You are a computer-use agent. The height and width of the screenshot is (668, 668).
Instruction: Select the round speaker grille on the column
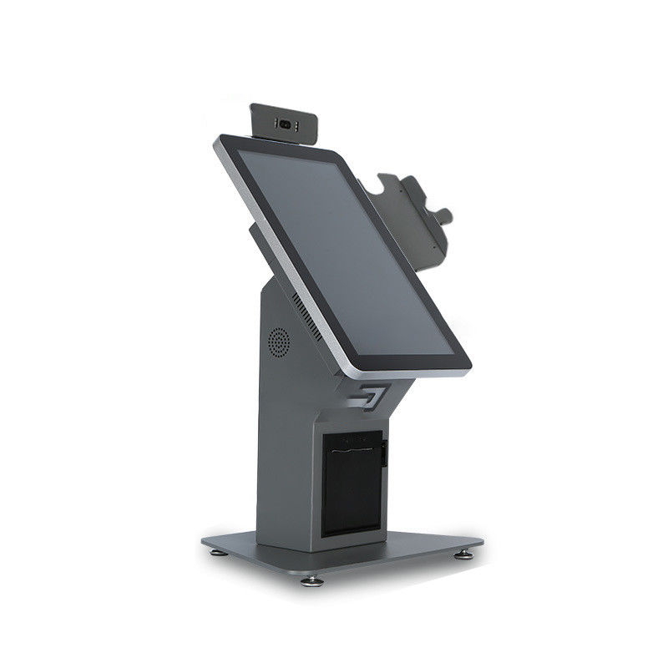pos(278,342)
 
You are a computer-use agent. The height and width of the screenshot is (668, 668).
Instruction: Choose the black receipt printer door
pos(351,484)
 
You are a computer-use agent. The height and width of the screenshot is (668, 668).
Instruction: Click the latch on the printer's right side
pos(385,456)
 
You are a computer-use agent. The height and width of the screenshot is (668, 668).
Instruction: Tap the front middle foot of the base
pos(315,579)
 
